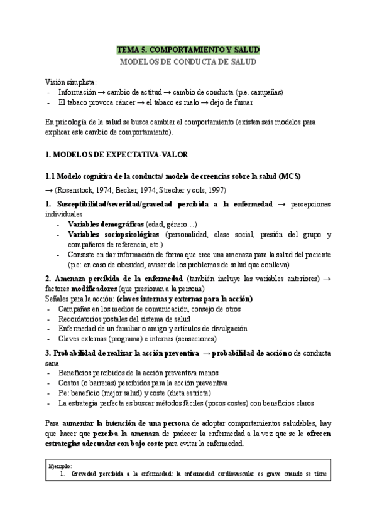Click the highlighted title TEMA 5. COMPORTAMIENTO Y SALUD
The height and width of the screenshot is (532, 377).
[188, 50]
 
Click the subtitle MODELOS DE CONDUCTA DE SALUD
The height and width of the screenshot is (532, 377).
[188, 62]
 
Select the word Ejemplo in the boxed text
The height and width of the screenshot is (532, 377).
[60, 466]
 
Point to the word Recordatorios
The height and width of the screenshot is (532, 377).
[82, 319]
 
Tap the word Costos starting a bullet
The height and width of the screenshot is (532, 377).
[71, 382]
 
